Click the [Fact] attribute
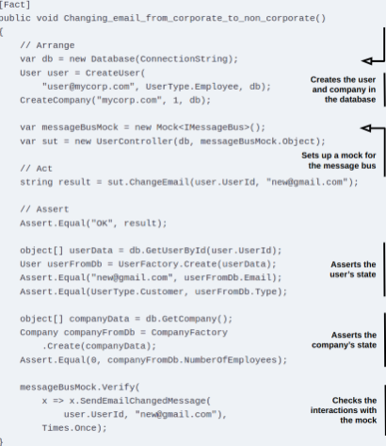coord(15,5)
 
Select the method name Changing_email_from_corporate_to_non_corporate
coord(189,18)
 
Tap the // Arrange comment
coord(47,45)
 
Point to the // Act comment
coord(37,169)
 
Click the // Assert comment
coord(44,209)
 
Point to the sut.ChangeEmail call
coord(149,182)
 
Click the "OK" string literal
coord(102,223)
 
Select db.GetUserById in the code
coord(168,251)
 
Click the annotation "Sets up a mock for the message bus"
coord(339,160)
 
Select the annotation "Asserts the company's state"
coord(345,340)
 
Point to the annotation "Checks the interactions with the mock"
coord(344,410)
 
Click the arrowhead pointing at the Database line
coord(366,60)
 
